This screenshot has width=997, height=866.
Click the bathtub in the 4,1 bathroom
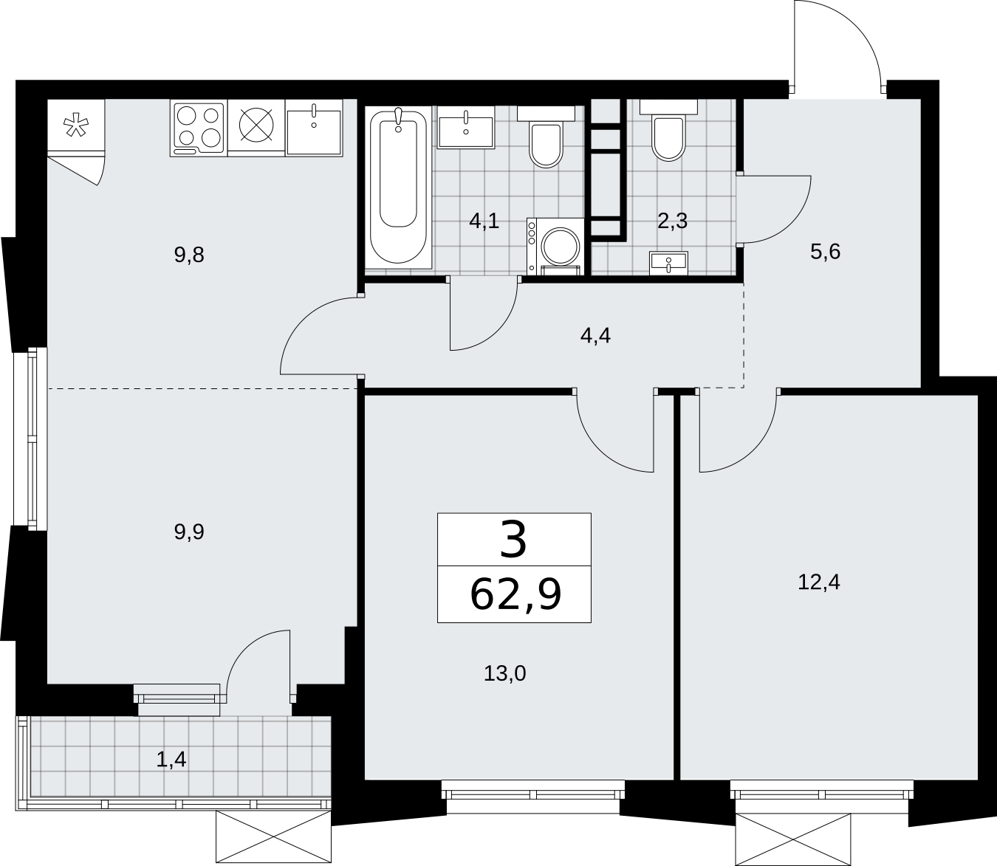(x=398, y=187)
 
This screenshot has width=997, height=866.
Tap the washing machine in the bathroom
(x=555, y=247)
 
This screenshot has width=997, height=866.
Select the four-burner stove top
(x=199, y=128)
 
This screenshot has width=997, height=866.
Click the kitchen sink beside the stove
(x=314, y=128)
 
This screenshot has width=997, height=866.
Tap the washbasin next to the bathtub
(x=466, y=128)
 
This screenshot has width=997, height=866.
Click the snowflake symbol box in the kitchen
(x=76, y=126)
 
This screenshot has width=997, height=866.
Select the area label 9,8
(x=189, y=255)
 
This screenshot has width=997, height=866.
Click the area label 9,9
(x=189, y=532)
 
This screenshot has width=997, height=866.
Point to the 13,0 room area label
(x=505, y=673)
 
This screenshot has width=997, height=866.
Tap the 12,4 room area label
(x=819, y=582)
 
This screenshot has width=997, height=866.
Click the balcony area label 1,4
(x=171, y=760)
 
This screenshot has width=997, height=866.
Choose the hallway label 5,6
(x=826, y=252)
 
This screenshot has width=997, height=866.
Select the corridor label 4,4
(x=595, y=336)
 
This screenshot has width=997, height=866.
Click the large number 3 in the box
(x=513, y=539)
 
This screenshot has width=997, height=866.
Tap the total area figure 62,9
(x=515, y=595)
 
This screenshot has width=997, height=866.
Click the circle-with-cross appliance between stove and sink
(x=256, y=126)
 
